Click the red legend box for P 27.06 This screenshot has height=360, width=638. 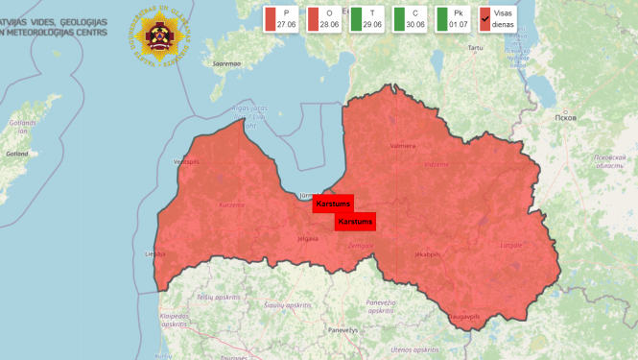pyautogui.click(x=282, y=18)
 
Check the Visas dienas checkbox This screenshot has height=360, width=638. pyautogui.click(x=485, y=18)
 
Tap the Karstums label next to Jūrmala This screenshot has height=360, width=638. pyautogui.click(x=333, y=204)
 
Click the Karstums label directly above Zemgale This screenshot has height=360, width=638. pyautogui.click(x=355, y=222)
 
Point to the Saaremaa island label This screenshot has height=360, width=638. pyautogui.click(x=226, y=63)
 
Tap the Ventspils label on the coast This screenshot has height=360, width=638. pyautogui.click(x=185, y=162)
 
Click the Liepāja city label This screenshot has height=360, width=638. pyautogui.click(x=154, y=254)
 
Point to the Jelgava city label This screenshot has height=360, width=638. pyautogui.click(x=307, y=238)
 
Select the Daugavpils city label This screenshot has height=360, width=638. pyautogui.click(x=465, y=315)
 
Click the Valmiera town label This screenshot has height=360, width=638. pyautogui.click(x=403, y=146)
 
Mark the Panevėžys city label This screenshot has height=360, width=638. pyautogui.click(x=343, y=329)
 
